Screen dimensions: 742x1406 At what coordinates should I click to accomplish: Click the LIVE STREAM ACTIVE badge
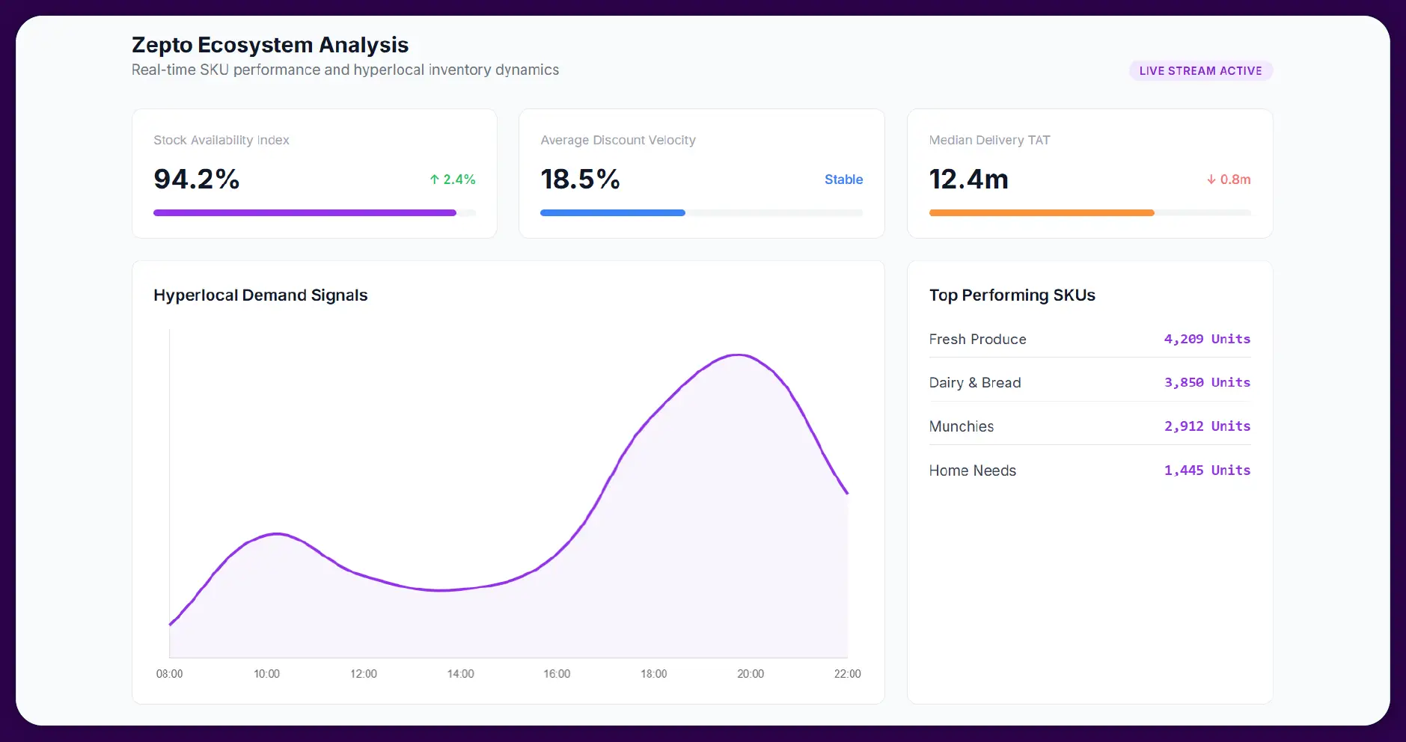click(1200, 71)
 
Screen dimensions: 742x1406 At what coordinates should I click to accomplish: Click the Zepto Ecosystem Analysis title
click(270, 45)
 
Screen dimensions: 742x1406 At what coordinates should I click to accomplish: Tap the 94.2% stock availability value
click(196, 180)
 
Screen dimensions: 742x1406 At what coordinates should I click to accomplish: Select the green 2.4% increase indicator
click(453, 180)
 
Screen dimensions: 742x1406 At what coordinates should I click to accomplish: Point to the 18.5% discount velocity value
click(580, 180)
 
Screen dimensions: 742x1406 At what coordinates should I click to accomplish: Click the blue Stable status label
click(843, 180)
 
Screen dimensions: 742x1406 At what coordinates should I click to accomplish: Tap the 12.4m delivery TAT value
click(968, 180)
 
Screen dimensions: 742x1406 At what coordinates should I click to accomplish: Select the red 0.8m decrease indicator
click(1229, 180)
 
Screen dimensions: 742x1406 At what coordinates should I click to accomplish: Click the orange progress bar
click(1041, 213)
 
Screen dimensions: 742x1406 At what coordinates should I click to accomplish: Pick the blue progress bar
click(612, 213)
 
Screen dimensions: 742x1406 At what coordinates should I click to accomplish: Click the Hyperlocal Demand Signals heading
click(260, 295)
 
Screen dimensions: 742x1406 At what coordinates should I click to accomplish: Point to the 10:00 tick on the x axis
click(266, 674)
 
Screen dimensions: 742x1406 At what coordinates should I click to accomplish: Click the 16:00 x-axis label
click(557, 674)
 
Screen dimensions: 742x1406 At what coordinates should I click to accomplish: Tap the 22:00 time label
click(847, 674)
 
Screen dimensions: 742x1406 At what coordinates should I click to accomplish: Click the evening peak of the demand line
click(739, 355)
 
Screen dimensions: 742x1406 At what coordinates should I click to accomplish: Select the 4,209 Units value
click(1207, 339)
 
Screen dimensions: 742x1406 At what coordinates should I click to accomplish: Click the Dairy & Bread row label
click(975, 383)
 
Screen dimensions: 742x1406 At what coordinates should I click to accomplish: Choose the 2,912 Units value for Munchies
click(1207, 426)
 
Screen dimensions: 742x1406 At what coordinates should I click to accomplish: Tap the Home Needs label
click(973, 470)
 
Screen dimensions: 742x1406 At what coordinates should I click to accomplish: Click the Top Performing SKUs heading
click(1012, 295)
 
